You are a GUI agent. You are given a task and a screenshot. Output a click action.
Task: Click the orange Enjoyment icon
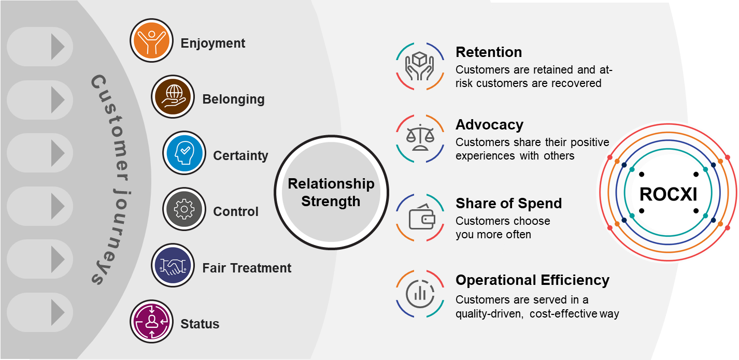151,40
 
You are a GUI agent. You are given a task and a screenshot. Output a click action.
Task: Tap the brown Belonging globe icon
173,96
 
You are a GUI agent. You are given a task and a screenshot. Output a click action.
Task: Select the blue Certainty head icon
184,153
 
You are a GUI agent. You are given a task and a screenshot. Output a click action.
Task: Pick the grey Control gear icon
184,209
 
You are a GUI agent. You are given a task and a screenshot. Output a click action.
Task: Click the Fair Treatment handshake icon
173,265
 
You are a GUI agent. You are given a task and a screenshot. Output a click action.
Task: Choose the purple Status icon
151,322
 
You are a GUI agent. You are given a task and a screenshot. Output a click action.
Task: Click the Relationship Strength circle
331,192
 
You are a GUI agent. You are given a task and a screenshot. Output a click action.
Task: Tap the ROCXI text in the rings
668,194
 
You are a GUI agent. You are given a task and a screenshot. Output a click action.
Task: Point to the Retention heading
489,52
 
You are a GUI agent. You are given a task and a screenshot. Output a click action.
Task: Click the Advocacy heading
489,125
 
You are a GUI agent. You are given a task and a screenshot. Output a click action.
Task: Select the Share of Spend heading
508,204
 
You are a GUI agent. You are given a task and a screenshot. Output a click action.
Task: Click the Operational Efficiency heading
532,280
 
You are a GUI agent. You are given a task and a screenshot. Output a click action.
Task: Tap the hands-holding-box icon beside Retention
420,66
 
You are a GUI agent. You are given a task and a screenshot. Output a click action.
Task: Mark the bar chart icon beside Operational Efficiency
420,294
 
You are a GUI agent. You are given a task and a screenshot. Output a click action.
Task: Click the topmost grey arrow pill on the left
40,47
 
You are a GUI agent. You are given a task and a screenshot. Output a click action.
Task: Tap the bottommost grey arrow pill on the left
40,312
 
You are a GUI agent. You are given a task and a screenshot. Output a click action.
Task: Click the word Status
200,324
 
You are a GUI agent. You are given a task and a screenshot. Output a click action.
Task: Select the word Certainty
240,156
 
